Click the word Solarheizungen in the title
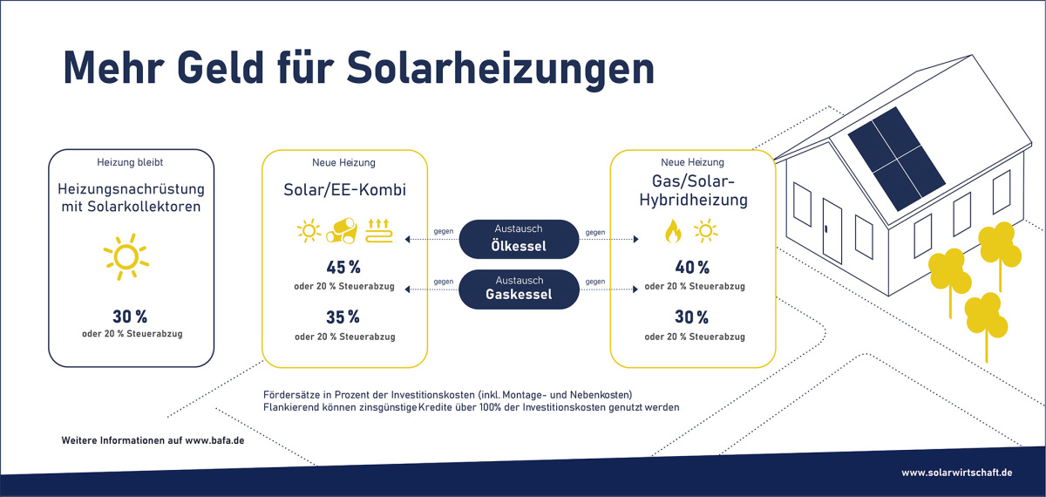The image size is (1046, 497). pos(500,69)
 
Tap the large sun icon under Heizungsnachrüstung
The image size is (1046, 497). pos(126,257)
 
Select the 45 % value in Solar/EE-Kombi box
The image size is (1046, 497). pos(343,267)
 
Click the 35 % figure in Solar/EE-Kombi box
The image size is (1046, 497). pos(343,317)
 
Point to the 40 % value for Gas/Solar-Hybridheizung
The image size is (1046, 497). pos(692,267)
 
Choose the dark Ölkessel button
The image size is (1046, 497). pos(519,239)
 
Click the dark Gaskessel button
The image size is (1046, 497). pos(519,289)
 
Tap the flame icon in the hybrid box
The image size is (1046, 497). pos(673,231)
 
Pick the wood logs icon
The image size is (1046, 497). pos(342,231)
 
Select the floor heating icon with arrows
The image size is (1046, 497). pos(378,231)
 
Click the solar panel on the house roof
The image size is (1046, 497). pos(897,159)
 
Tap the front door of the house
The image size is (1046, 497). pos(832,231)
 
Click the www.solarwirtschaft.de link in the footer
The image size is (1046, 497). pos(957,473)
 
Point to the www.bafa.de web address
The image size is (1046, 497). pos(214,440)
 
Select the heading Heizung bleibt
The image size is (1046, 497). pos(130,162)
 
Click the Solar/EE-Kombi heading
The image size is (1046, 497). pos(344,190)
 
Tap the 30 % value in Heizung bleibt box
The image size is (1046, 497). pos(130,317)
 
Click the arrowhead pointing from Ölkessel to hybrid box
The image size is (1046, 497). pos(635,239)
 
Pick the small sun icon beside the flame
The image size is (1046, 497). pos(705,231)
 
